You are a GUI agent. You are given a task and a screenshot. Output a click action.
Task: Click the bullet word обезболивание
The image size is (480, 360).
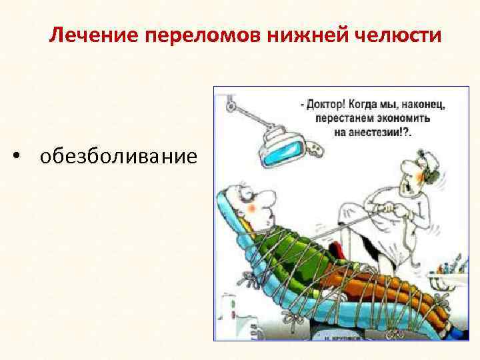point(119,157)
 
